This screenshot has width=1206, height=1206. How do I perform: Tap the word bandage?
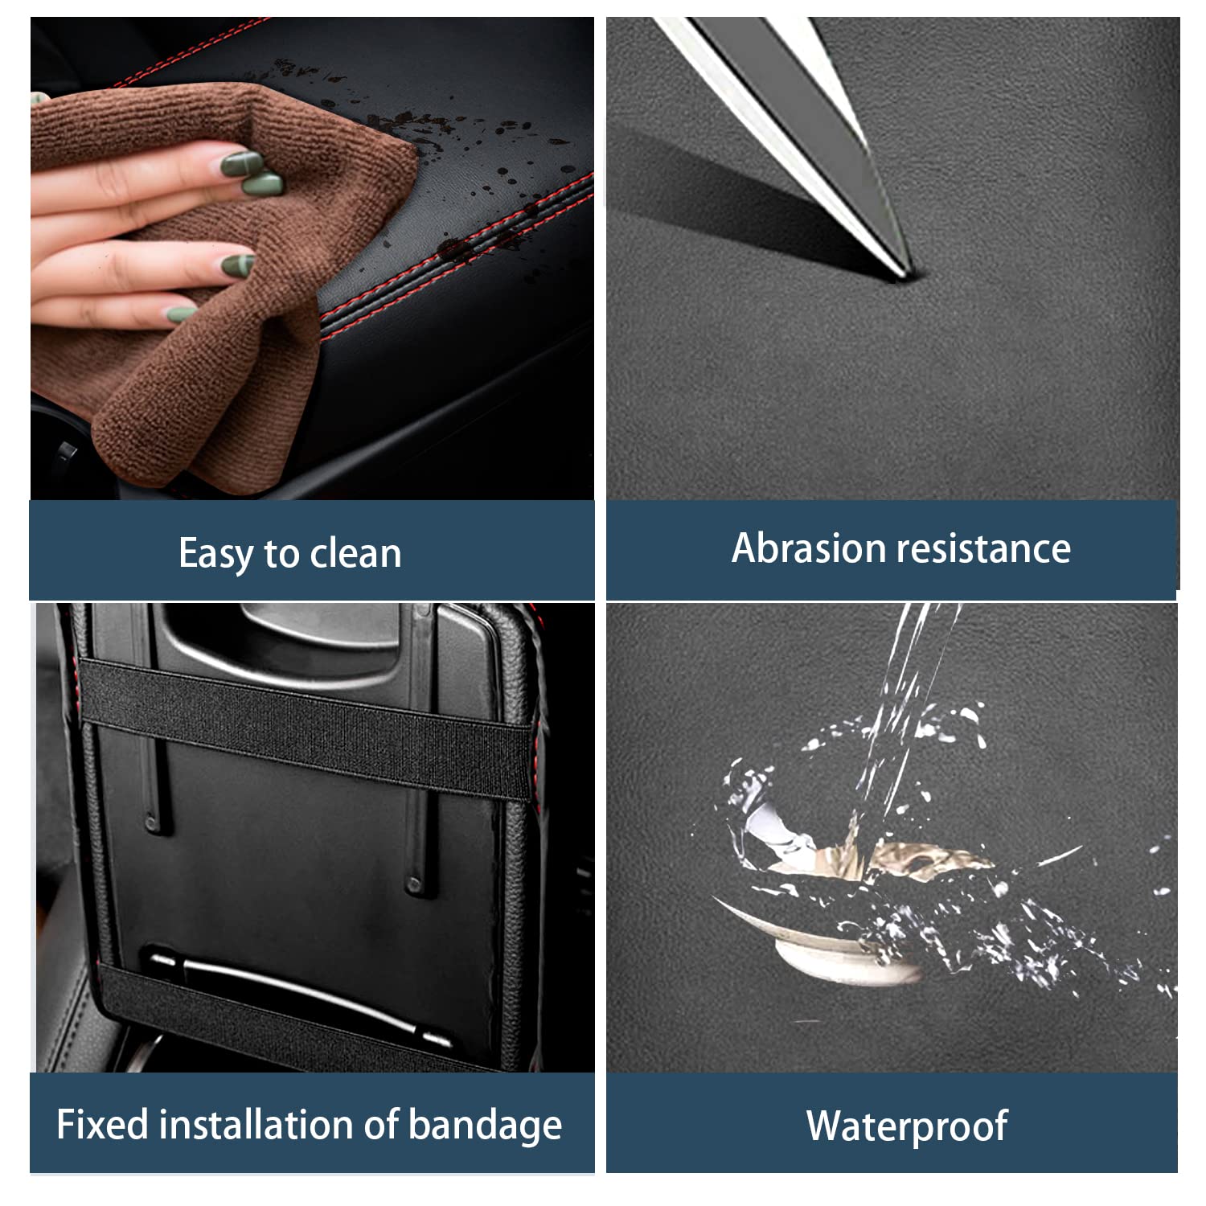click(485, 1126)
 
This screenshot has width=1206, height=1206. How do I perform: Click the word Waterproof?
click(907, 1126)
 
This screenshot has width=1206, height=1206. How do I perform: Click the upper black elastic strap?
click(306, 728)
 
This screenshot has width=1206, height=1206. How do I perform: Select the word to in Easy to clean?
click(281, 555)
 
